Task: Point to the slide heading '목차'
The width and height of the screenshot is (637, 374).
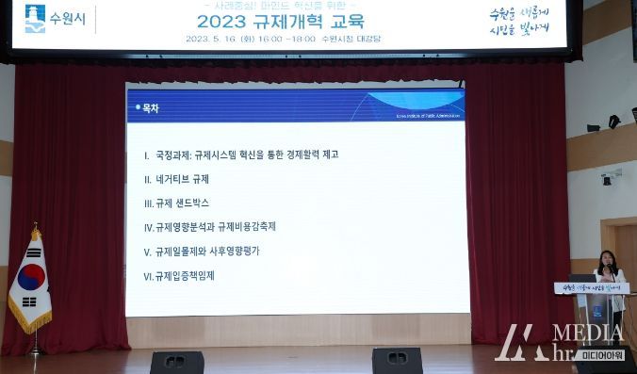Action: coord(150,108)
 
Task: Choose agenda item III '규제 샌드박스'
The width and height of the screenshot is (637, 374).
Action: coord(176,203)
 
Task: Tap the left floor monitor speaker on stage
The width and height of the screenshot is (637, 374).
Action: coord(177,361)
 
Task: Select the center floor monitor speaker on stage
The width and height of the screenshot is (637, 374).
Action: coord(397,360)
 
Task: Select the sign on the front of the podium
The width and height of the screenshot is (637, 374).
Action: coord(590,287)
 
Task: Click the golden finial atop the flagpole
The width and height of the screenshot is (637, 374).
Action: coord(36,229)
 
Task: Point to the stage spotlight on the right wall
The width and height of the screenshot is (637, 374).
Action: coord(613,122)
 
